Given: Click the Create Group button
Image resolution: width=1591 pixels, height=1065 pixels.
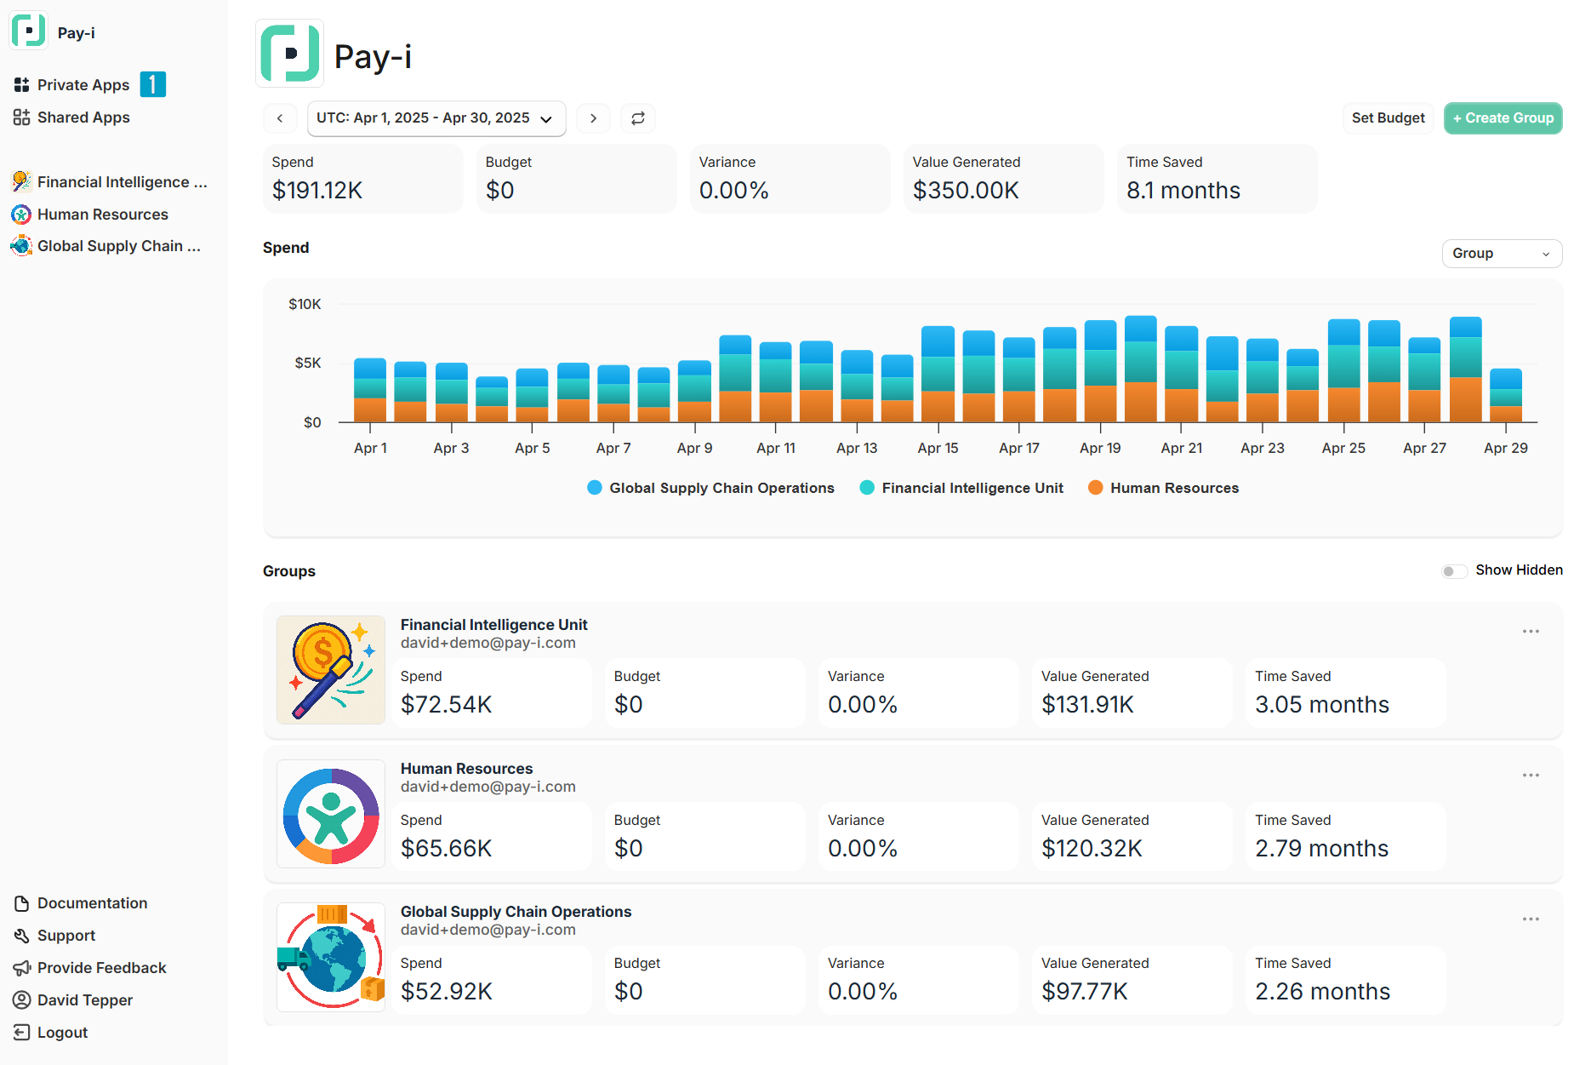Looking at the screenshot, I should click(1503, 118).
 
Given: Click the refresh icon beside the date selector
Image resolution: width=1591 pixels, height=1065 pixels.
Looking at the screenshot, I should click(638, 118).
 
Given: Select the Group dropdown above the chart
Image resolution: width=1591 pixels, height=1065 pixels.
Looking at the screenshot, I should click(1501, 254).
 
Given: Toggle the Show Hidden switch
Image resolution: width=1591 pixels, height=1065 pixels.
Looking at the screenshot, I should click(1454, 571).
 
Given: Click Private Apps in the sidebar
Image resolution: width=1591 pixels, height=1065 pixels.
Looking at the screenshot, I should click(83, 85).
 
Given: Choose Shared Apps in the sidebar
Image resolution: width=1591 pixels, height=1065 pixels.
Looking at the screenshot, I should click(83, 117).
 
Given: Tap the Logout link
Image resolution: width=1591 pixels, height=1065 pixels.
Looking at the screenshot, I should click(62, 1033).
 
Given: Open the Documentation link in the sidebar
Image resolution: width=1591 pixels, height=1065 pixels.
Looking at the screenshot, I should click(92, 903).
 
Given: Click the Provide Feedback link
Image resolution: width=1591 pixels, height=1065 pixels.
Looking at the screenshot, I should click(101, 968).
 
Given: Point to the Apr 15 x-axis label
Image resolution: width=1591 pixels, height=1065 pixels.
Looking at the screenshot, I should click(938, 449).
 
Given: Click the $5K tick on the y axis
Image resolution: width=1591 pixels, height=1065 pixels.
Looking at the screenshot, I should click(308, 364).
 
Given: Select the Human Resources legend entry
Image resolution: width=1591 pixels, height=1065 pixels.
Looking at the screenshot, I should click(1164, 488).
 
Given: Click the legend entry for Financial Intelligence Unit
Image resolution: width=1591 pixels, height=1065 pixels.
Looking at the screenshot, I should click(962, 488).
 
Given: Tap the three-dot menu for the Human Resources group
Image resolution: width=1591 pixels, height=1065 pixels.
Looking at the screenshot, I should click(1531, 776).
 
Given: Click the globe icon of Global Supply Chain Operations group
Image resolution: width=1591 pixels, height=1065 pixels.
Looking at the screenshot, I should click(331, 958).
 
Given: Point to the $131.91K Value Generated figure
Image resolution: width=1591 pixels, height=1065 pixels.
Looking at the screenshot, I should click(1087, 705).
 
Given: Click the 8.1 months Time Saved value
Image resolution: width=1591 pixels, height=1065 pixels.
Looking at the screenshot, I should click(1183, 191).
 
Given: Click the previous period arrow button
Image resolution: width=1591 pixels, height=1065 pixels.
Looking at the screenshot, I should click(280, 118).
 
